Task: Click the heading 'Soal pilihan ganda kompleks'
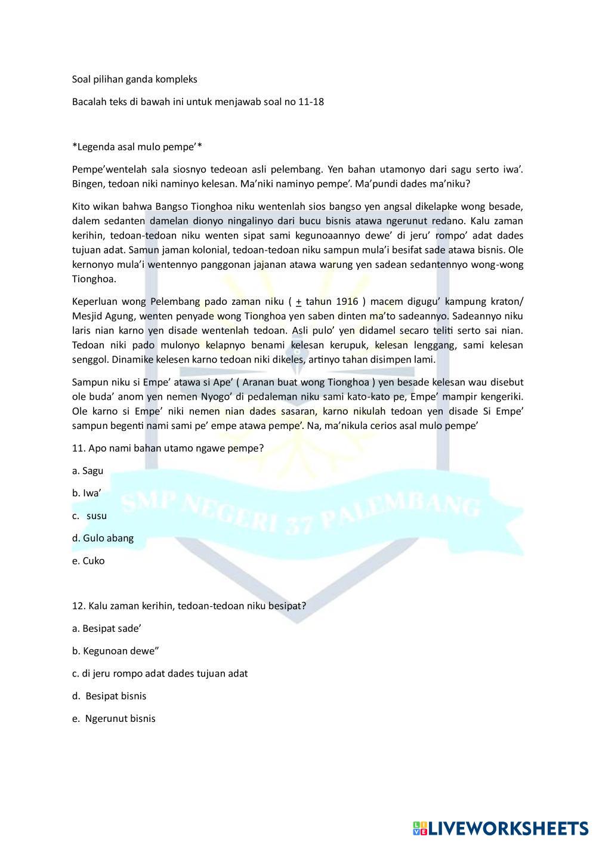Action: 134,79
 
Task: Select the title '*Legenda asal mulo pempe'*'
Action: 138,147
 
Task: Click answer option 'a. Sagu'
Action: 88,471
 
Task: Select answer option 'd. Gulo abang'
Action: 103,538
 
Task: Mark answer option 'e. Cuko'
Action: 88,561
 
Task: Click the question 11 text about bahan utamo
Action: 168,448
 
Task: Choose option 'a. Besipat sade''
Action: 106,628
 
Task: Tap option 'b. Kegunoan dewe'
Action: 115,651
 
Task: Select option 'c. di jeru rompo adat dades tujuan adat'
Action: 159,674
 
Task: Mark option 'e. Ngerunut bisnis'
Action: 114,719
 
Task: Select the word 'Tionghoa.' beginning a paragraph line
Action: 94,279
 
